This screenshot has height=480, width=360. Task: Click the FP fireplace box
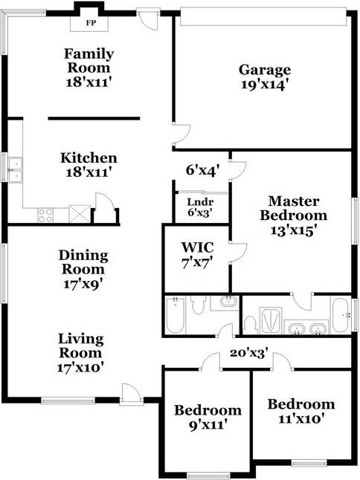91,23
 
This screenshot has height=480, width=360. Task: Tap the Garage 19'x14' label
264,77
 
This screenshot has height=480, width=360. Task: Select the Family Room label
89,67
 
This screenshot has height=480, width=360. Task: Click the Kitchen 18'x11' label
89,164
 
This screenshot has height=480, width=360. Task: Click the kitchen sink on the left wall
15,169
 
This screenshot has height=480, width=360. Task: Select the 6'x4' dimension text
202,170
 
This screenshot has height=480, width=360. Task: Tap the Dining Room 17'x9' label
83,268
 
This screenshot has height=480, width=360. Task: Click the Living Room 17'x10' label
81,352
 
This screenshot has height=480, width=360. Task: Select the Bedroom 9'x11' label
208,417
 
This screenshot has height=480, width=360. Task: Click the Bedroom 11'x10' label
300,411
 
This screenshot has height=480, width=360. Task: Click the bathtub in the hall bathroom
176,314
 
